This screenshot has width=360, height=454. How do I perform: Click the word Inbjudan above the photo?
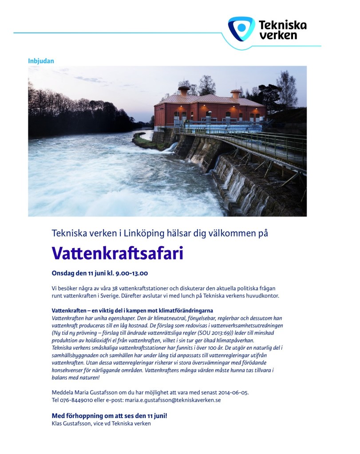pos(41,61)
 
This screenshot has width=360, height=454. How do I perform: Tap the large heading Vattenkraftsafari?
pos(118,253)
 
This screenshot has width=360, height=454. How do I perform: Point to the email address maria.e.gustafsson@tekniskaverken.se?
pos(173,400)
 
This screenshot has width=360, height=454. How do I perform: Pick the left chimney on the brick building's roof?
pos(183,91)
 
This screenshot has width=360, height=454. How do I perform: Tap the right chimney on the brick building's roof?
pos(236,93)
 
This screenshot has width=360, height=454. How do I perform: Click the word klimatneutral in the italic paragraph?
pos(167,319)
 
